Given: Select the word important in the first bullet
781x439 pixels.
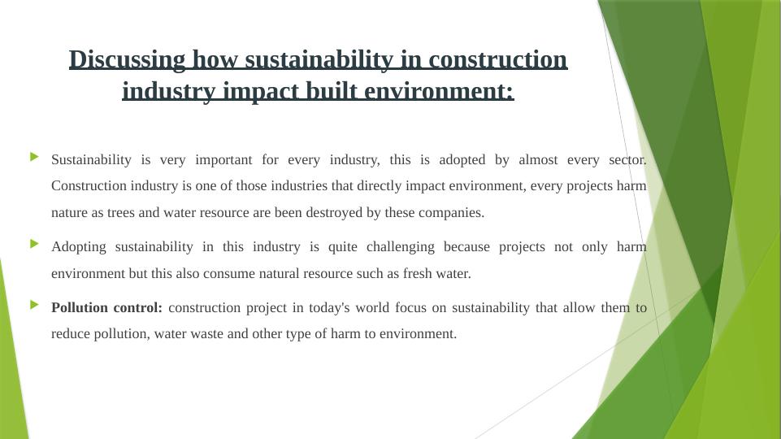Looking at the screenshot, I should [222, 159].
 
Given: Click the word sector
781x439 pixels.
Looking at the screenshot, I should [627, 159].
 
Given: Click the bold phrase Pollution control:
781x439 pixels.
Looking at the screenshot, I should [106, 308].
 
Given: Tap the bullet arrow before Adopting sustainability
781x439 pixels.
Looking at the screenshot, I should [34, 243].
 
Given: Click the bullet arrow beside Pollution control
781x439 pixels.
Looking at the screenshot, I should [34, 304].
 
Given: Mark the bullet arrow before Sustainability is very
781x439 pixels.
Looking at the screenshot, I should [34, 155].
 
